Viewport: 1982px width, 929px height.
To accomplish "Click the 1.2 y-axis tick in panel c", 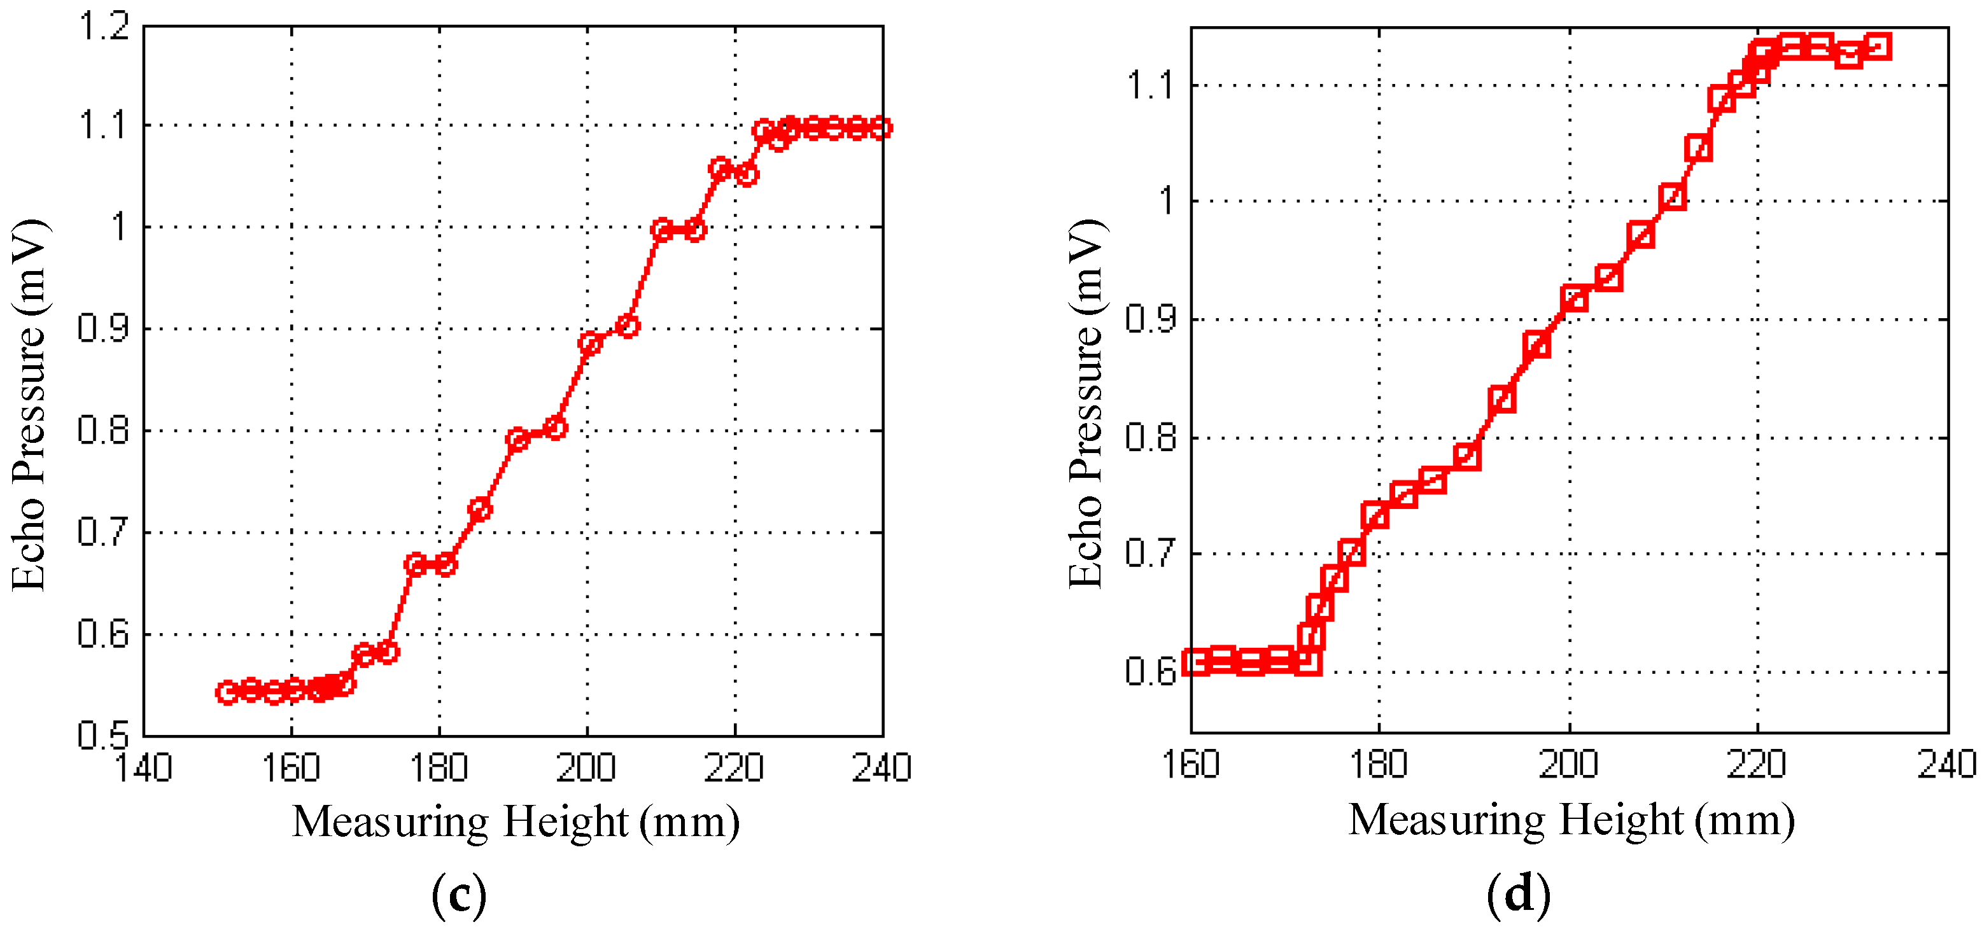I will (104, 27).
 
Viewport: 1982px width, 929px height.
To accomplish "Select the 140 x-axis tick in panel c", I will (144, 767).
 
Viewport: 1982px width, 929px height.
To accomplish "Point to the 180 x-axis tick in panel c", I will (439, 767).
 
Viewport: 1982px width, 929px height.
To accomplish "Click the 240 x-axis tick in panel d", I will (1946, 764).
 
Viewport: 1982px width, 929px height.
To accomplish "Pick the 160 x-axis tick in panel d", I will (1191, 764).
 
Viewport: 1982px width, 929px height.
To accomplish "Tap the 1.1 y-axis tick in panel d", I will (1150, 85).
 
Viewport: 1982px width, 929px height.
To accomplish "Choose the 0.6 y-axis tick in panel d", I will (1150, 671).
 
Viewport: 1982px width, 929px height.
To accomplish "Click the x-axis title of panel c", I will (516, 821).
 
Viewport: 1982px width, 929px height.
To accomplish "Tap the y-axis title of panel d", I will (1086, 404).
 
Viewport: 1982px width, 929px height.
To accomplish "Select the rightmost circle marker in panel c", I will (882, 128).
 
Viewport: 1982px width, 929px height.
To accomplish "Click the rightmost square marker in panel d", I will (1878, 46).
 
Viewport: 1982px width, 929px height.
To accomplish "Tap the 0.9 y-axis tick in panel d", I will (1150, 319).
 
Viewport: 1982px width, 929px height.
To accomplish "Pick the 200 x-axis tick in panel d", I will (1569, 764).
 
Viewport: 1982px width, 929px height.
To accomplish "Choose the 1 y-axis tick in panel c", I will (119, 228).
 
